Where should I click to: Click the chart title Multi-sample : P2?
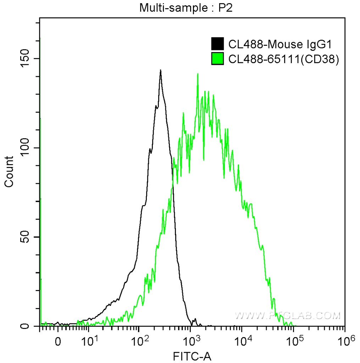point(185,7)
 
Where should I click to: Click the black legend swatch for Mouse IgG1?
point(217,44)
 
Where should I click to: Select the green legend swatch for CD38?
point(217,58)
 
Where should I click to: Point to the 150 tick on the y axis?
point(25,58)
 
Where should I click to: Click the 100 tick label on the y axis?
point(25,148)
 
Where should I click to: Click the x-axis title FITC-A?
point(192,356)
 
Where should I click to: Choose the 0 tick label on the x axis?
point(58,343)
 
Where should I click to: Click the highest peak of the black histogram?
point(161,71)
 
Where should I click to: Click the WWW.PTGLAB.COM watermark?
point(288,315)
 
